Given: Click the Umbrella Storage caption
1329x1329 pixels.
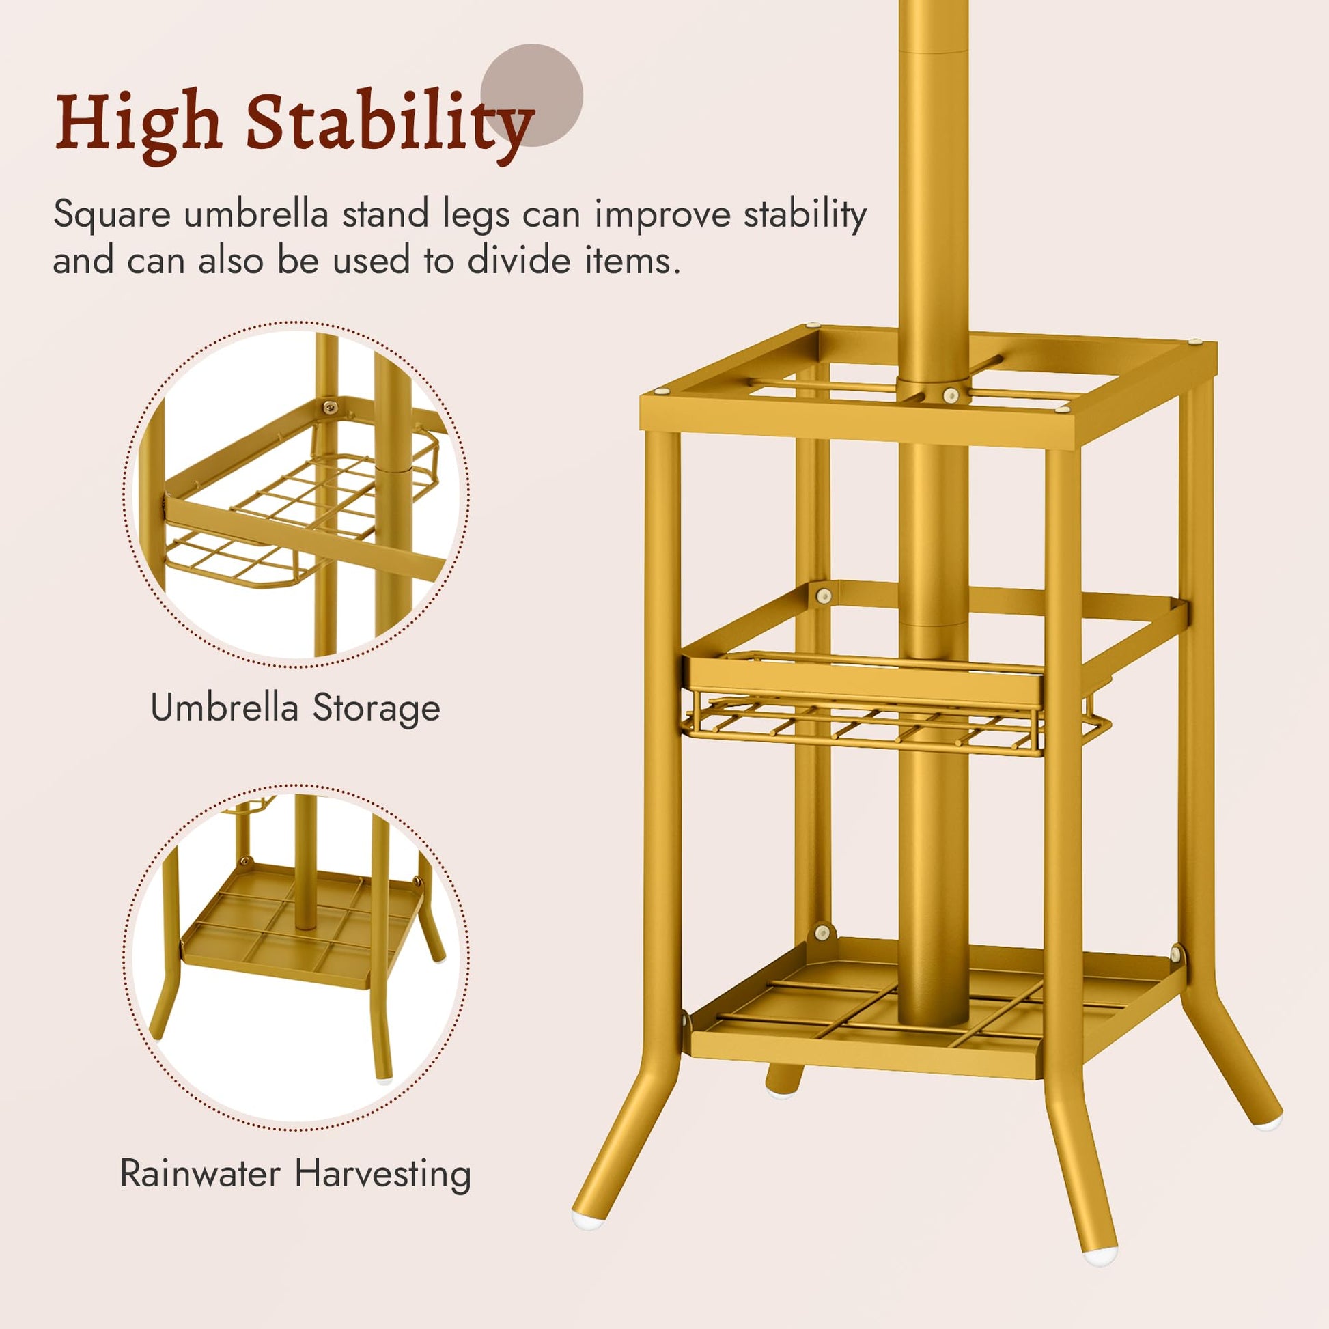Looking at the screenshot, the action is (295, 708).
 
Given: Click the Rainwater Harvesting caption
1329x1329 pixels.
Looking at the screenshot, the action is (295, 1173).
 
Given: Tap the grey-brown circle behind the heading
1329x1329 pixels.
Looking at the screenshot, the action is (532, 95).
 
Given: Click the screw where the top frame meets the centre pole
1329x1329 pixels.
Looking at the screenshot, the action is (951, 394).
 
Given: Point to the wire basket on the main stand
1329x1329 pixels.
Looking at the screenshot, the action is (894, 705).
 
